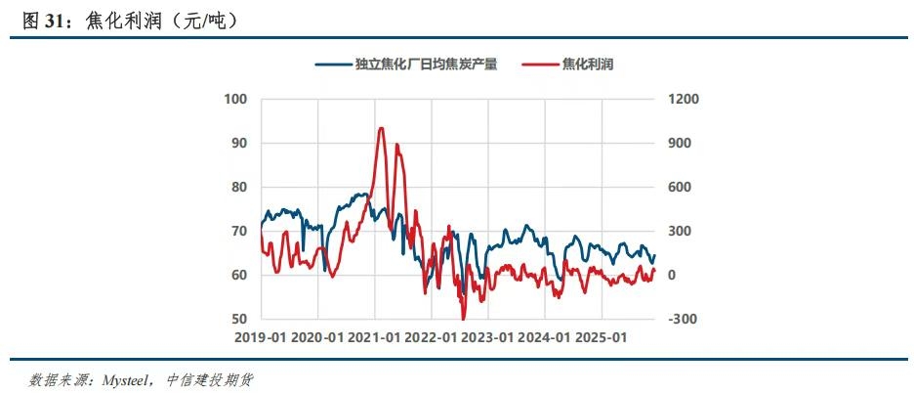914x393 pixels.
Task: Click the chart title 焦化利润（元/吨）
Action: pyautogui.click(x=161, y=20)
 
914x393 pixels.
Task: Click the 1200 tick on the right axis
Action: pyautogui.click(x=684, y=99)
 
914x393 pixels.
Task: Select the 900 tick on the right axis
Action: pyautogui.click(x=680, y=143)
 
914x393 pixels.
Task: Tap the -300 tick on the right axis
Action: pyautogui.click(x=683, y=320)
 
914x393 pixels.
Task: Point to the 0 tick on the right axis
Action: pyautogui.click(x=672, y=276)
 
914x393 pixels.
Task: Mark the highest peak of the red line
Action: pyautogui.click(x=381, y=128)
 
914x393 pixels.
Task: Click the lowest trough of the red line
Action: pyautogui.click(x=464, y=319)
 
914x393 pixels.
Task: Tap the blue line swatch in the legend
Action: pyautogui.click(x=333, y=65)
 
